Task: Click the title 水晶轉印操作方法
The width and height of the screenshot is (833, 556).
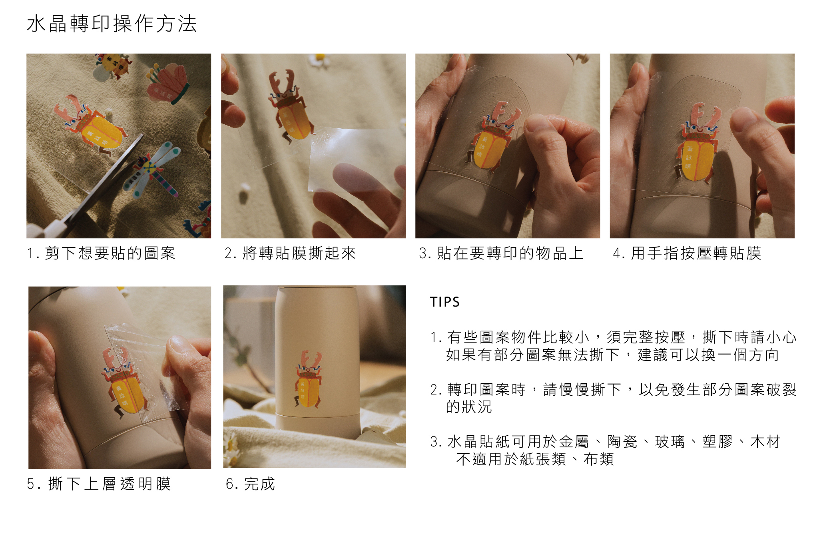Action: point(112,24)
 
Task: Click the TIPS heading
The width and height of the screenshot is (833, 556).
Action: point(445,302)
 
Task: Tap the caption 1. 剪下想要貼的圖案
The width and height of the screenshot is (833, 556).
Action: point(101,253)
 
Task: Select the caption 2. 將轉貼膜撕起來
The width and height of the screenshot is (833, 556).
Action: point(290,253)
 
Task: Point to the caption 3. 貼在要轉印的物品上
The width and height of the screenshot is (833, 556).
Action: point(501,253)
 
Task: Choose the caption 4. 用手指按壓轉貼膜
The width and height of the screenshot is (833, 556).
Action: point(687,253)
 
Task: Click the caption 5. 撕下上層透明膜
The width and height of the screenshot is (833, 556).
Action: point(99,484)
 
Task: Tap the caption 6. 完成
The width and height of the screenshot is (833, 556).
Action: point(251,484)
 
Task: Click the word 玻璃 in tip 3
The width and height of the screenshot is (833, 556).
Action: point(670,442)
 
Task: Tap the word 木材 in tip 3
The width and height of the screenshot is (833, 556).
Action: point(765,442)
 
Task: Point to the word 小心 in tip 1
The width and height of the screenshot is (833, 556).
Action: point(781,337)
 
